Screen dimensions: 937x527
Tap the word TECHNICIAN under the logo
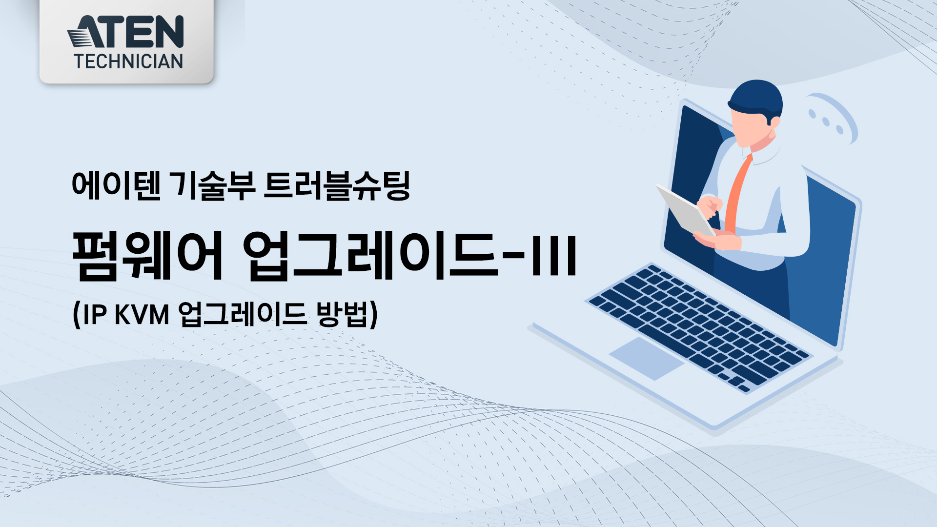pyautogui.click(x=128, y=61)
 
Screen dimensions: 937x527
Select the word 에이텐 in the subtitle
pyautogui.click(x=116, y=185)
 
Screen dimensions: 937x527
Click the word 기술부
pyautogui.click(x=214, y=185)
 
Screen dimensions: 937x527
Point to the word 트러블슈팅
pyautogui.click(x=337, y=185)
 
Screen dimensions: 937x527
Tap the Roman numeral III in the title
pyautogui.click(x=554, y=255)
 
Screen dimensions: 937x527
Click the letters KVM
pyautogui.click(x=142, y=314)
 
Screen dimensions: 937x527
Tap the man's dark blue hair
pyautogui.click(x=756, y=100)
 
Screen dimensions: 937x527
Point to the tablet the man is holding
pyautogui.click(x=685, y=210)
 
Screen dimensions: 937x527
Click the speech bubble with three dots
pyautogui.click(x=830, y=119)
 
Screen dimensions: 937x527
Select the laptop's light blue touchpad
pyautogui.click(x=647, y=358)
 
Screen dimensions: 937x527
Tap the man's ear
pyautogui.click(x=774, y=122)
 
